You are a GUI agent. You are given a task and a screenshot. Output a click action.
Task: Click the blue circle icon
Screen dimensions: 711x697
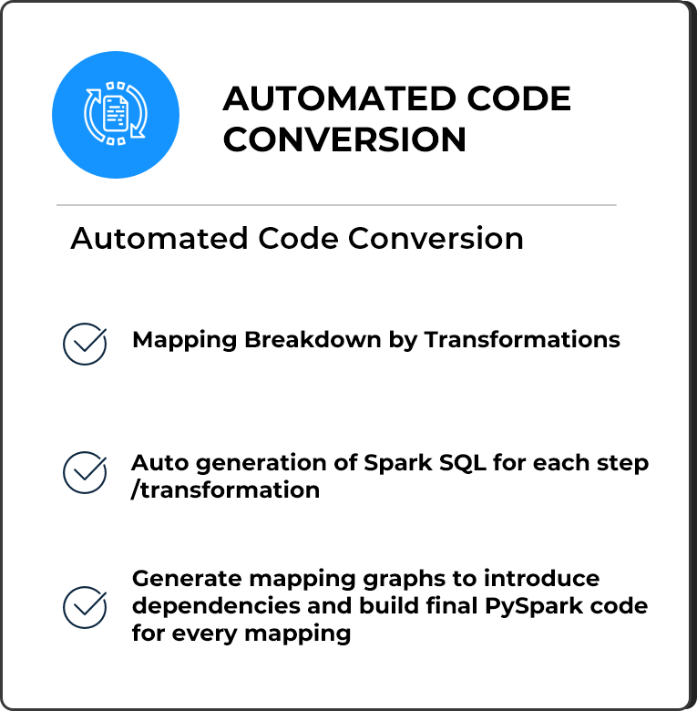[116, 115]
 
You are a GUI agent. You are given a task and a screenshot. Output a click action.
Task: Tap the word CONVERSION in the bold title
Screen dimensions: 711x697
[344, 139]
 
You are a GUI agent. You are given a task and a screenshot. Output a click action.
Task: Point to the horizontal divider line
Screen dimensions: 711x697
[336, 205]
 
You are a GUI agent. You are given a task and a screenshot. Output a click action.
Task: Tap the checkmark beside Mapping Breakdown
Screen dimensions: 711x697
[85, 344]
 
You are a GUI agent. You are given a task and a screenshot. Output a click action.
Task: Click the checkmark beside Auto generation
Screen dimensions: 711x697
[85, 471]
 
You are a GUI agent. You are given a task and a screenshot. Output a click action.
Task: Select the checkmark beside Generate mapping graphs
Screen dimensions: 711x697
[85, 606]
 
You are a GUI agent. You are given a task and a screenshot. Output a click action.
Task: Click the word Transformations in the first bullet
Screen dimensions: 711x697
[522, 340]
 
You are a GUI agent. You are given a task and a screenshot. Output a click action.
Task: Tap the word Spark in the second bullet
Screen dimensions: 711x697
[396, 463]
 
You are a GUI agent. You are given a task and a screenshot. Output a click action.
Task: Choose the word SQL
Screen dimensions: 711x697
[461, 463]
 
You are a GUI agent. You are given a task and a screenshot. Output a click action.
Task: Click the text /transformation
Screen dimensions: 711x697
[226, 490]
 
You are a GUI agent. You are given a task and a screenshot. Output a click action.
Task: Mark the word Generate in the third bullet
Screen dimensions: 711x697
[185, 580]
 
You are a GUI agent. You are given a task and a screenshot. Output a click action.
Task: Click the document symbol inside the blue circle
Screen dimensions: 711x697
[116, 114]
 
